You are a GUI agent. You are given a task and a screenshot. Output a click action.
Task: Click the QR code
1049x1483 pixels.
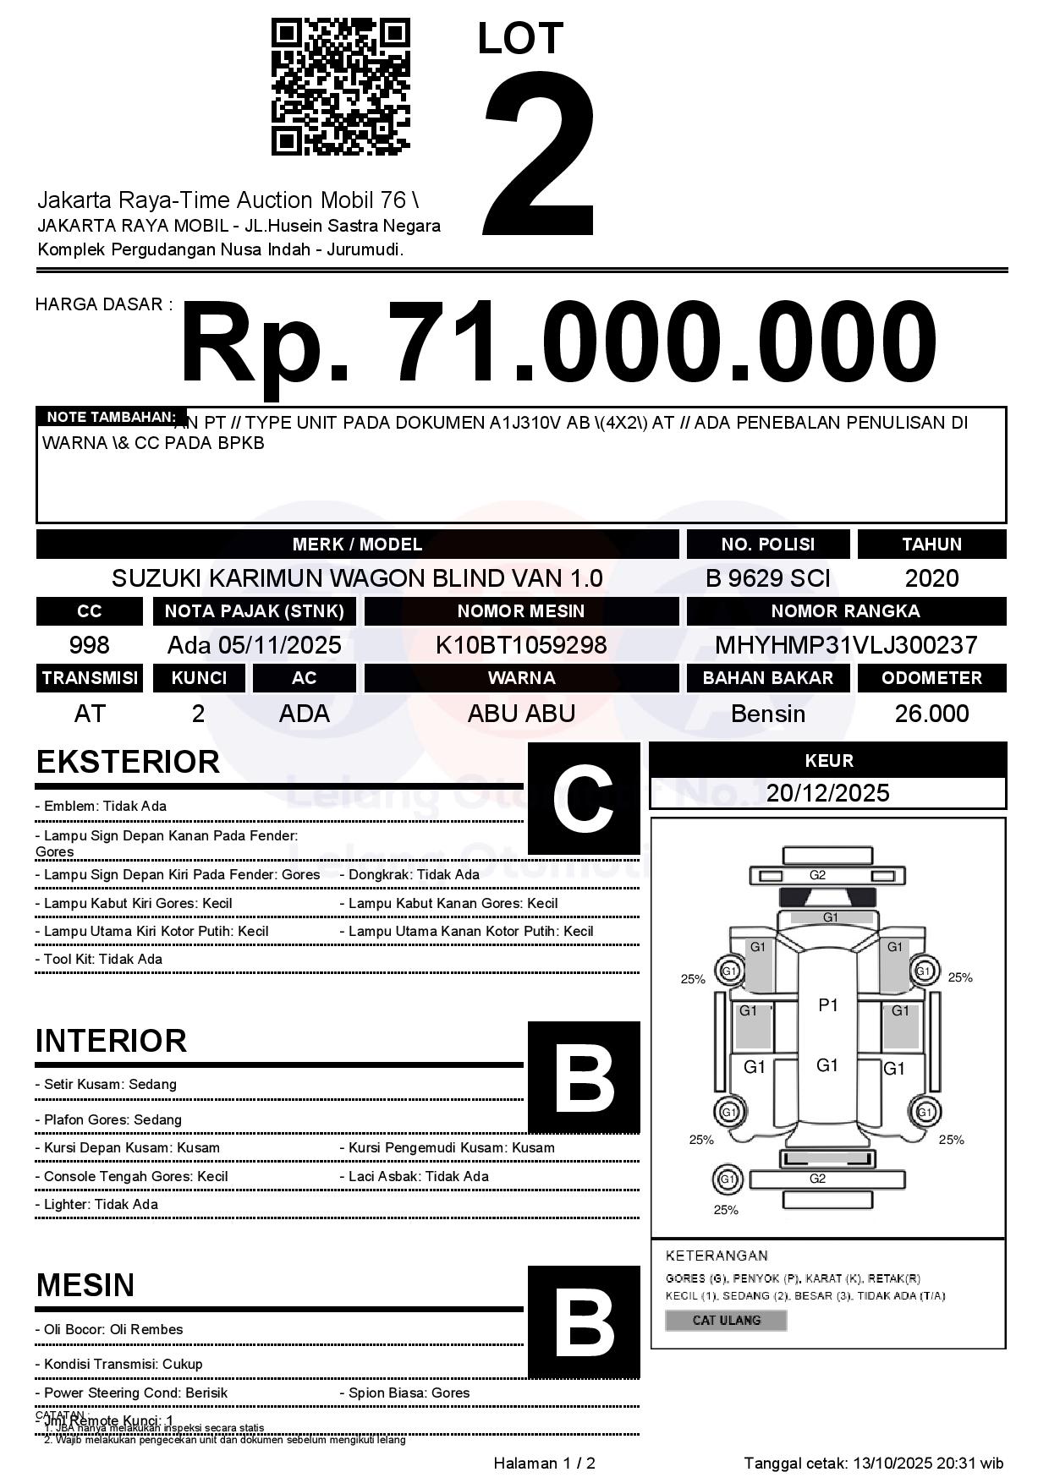click(340, 88)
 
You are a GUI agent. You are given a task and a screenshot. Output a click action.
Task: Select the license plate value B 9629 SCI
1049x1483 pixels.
click(767, 578)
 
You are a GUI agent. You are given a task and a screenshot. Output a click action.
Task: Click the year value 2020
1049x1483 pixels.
click(931, 578)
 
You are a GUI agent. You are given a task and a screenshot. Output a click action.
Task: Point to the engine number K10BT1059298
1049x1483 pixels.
click(521, 645)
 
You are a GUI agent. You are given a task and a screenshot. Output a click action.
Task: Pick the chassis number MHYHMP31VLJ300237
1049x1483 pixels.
click(846, 645)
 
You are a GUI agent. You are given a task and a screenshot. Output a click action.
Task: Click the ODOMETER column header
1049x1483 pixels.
click(931, 678)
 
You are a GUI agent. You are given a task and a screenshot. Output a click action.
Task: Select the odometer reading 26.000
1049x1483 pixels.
click(931, 714)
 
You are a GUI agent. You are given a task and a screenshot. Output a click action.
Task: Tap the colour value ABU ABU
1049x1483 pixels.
click(521, 714)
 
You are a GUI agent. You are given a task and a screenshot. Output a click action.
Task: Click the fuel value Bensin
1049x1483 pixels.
click(767, 714)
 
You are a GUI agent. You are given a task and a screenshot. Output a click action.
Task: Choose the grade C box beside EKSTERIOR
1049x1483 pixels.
click(584, 798)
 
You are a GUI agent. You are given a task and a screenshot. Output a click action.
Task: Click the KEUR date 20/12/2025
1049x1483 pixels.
click(827, 793)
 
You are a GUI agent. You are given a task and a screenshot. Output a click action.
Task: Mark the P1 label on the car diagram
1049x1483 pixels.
click(828, 1004)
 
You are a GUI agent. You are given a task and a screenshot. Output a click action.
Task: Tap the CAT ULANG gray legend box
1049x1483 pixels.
click(726, 1320)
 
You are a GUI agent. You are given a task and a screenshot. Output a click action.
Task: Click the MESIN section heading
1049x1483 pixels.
click(85, 1285)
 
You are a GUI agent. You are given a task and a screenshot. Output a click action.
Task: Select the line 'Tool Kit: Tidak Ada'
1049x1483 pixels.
click(100, 959)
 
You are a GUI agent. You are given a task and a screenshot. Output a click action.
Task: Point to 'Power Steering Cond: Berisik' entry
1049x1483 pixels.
click(132, 1393)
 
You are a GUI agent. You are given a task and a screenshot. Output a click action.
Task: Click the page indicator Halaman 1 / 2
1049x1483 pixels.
click(544, 1463)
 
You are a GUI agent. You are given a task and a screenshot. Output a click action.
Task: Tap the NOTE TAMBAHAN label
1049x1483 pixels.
click(111, 417)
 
